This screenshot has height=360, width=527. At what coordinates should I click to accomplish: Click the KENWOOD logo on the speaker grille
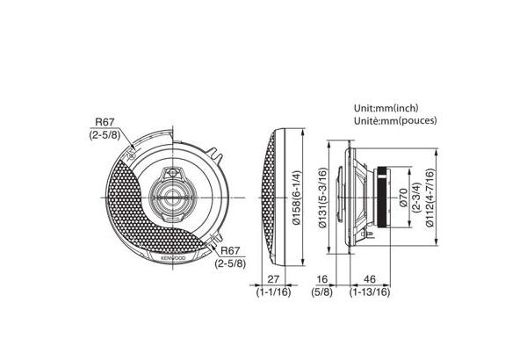(173, 257)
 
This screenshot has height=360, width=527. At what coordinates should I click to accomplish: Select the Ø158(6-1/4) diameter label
(297, 198)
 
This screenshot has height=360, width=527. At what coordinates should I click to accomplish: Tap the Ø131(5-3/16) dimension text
(322, 198)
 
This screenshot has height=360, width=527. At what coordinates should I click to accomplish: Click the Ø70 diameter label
(403, 198)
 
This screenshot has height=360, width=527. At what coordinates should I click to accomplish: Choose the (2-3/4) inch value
(416, 198)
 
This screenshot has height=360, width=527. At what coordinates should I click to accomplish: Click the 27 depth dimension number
(273, 279)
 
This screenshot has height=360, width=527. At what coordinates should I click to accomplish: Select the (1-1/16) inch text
(273, 292)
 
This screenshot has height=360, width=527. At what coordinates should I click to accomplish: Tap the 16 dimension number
(321, 279)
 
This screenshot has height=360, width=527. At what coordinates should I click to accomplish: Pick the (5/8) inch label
(321, 292)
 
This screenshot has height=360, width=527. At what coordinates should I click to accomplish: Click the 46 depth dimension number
(370, 279)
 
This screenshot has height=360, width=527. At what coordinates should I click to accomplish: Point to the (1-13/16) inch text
(370, 292)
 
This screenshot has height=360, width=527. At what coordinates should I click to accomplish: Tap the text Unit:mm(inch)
(386, 108)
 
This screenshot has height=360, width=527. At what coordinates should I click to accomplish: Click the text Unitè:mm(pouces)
(395, 120)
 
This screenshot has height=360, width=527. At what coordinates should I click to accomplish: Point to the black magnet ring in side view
(382, 198)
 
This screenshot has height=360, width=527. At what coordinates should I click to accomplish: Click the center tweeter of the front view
(171, 198)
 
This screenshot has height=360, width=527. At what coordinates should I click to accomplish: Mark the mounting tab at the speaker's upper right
(215, 155)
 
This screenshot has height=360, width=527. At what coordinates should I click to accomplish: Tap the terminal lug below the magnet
(370, 234)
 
